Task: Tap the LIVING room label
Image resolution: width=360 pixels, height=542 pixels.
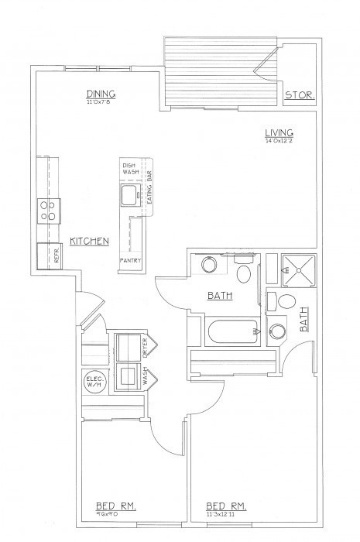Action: pos(277,133)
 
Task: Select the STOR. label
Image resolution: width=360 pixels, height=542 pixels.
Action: pos(298,96)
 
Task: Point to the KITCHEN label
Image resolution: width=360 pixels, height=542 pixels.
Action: pos(89,242)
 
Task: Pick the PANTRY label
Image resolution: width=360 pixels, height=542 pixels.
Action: pos(129,262)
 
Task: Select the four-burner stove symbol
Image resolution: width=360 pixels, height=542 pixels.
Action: pos(50,210)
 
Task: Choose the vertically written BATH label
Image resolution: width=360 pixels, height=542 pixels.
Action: pos(303,319)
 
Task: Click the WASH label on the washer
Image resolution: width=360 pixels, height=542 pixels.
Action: pos(145,379)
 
